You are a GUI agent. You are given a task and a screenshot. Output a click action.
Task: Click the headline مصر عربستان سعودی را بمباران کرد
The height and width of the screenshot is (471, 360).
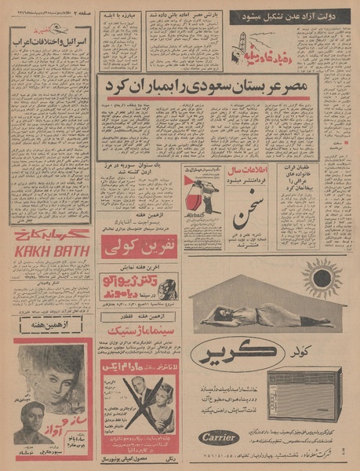204,86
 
